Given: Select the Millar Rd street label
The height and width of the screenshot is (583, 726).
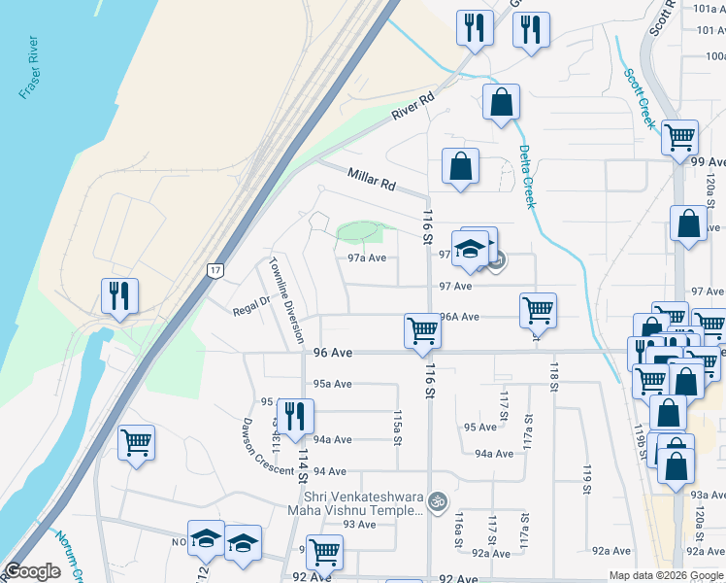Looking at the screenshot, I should pyautogui.click(x=373, y=178).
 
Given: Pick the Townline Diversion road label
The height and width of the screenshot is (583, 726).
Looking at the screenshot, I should pyautogui.click(x=287, y=300).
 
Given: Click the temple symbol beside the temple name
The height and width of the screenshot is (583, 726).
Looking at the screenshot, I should pyautogui.click(x=438, y=501).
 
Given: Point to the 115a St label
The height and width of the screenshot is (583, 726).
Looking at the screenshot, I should pyautogui.click(x=397, y=427).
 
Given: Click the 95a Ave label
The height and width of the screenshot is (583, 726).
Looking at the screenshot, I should pyautogui.click(x=332, y=384).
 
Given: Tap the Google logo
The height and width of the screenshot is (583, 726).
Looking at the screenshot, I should pyautogui.click(x=32, y=571).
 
